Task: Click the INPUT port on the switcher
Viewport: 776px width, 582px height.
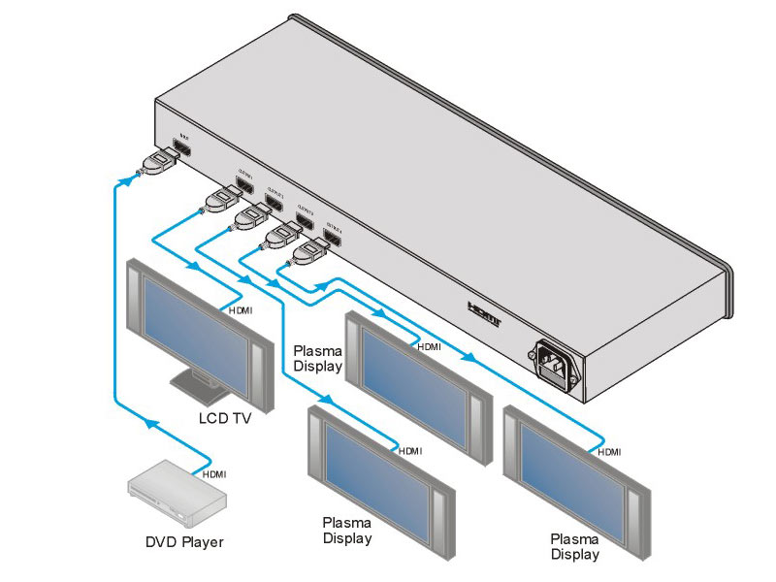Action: pos(181,147)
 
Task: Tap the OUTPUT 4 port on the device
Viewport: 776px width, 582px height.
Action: pos(334,236)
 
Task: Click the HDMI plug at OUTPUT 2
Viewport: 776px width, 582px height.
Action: pos(251,214)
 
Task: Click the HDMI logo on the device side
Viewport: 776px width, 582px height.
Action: pos(483,312)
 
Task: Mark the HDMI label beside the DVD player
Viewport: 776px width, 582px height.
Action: pos(214,474)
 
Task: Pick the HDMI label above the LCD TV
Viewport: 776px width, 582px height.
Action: pos(240,309)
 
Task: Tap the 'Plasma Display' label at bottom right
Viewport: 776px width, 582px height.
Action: pos(575,547)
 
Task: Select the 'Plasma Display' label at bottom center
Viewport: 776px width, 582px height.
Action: pos(347,531)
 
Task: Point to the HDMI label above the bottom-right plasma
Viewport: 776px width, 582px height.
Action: pos(609,452)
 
